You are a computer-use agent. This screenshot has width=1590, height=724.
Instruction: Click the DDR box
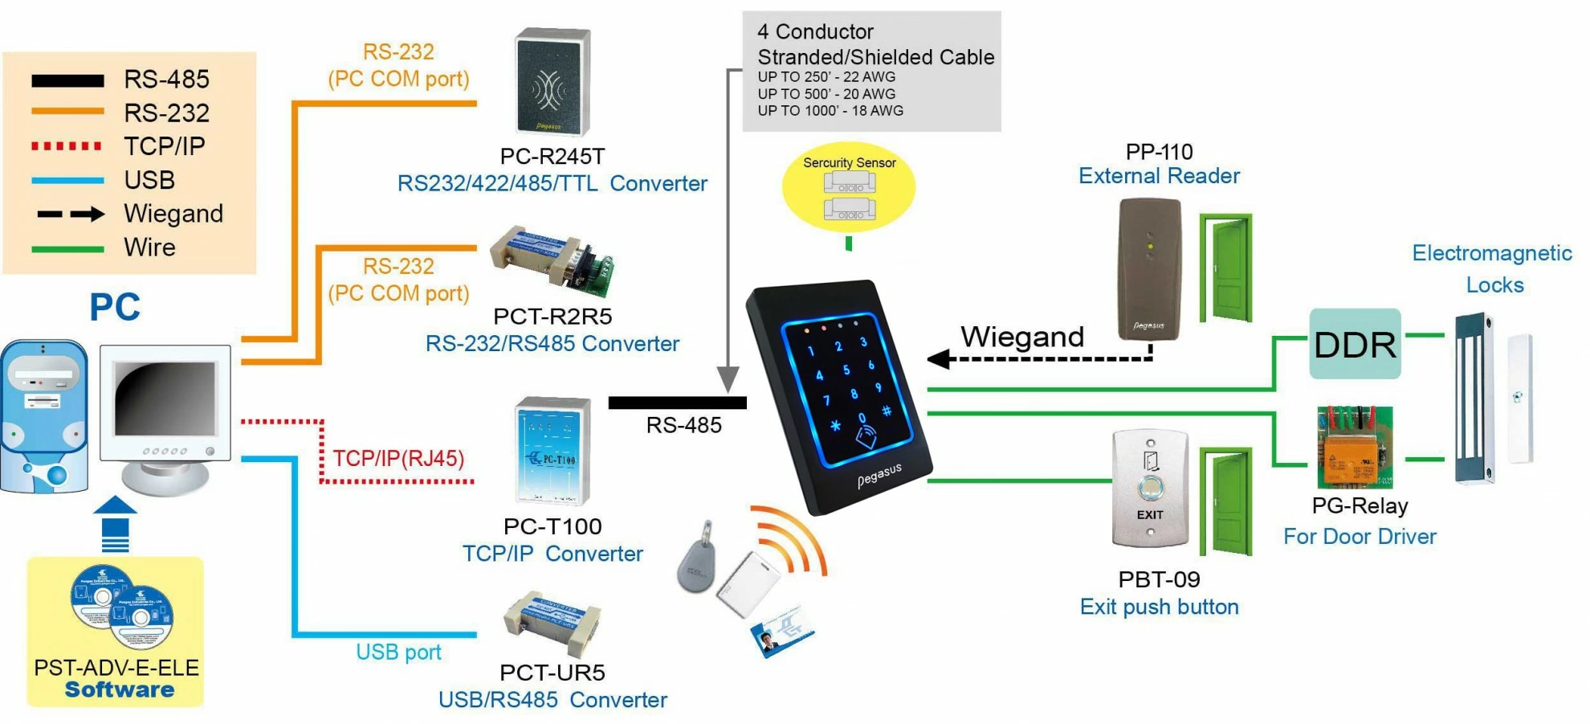coord(1355,344)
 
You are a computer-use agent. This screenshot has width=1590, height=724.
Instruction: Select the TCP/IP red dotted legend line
coord(67,146)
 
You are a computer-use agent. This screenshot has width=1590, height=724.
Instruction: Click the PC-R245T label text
coord(552,156)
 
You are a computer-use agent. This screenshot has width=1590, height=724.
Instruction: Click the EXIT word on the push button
coord(1149,515)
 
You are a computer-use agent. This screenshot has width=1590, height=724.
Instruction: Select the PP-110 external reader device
coord(1149,269)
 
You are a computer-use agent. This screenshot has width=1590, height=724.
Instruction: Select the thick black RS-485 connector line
coord(677,403)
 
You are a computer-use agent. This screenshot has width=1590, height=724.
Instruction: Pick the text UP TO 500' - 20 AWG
coord(826,94)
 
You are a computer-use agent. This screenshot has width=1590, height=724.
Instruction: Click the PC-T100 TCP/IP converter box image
coord(552,450)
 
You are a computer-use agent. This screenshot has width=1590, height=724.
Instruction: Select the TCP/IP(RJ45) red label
coord(398,459)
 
